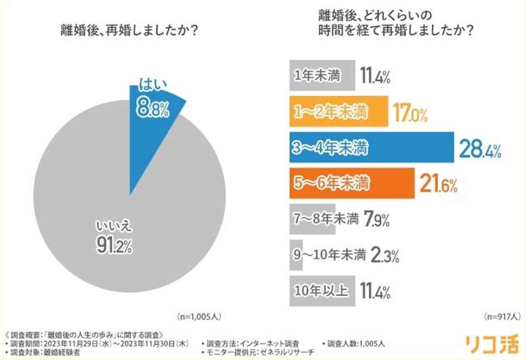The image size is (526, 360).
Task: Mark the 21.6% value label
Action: (x=438, y=185)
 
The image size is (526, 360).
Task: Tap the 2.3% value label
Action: (x=384, y=256)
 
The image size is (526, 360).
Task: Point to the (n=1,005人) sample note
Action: (x=199, y=317)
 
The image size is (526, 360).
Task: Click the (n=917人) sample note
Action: (x=501, y=317)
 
